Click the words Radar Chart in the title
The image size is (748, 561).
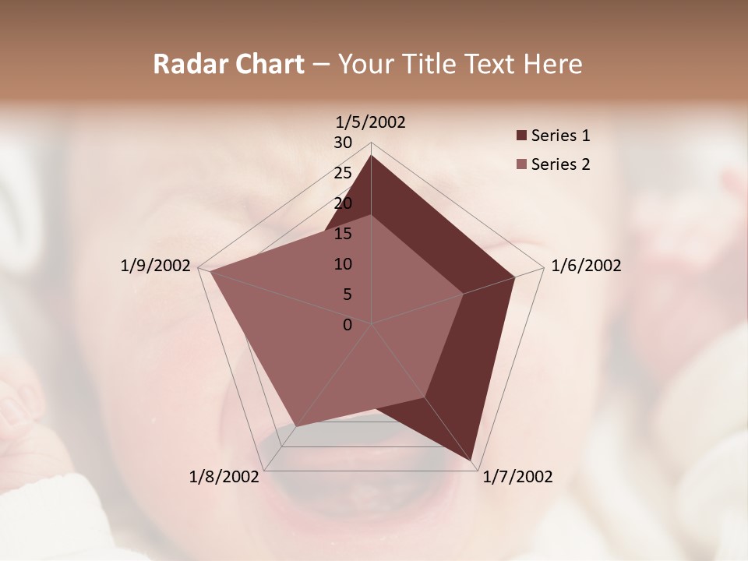pos(228,64)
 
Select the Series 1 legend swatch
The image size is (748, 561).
pos(521,136)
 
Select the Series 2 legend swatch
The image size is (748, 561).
pos(521,164)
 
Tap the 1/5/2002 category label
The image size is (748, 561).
pos(371,122)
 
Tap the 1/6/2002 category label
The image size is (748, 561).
pos(586,266)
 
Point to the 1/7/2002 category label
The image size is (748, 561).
pos(517,477)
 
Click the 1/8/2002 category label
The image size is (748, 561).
pos(224,477)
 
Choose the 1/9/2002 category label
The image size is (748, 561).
pos(155,266)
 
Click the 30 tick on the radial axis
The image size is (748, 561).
pos(343,143)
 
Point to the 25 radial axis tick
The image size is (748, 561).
pos(343,173)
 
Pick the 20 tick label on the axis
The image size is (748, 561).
pos(343,203)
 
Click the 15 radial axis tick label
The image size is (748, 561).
pos(343,234)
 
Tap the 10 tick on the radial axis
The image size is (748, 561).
pos(343,264)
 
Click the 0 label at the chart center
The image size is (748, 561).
pos(348,325)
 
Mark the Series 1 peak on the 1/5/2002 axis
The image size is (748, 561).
pos(371,155)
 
